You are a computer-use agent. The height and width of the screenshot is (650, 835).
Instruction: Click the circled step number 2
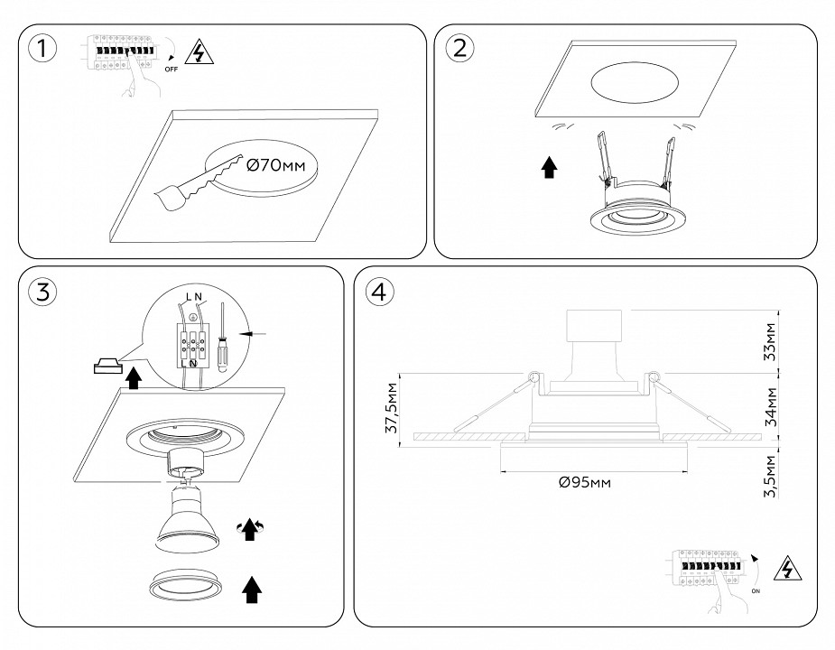click(x=459, y=49)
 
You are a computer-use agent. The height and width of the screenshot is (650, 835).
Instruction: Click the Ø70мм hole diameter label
click(x=276, y=165)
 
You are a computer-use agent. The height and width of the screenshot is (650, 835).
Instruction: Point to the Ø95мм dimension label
click(x=585, y=483)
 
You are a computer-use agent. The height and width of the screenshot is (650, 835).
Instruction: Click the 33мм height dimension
click(x=770, y=341)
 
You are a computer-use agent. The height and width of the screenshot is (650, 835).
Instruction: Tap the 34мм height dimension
click(x=770, y=408)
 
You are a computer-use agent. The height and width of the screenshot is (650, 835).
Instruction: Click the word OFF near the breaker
click(x=171, y=68)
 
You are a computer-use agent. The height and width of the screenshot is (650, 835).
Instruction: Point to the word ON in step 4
click(x=755, y=590)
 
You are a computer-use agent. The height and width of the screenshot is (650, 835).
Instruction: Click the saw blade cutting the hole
click(x=198, y=183)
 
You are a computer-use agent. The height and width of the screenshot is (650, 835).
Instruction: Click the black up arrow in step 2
click(x=549, y=167)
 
